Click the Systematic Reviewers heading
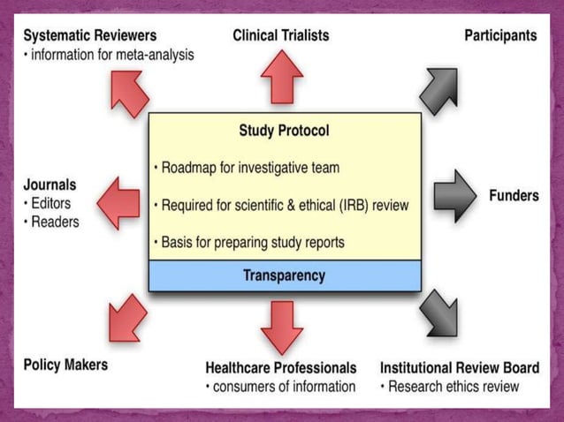[90, 36]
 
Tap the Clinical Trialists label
[281, 35]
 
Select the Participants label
[500, 35]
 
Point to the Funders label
[514, 195]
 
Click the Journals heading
[50, 185]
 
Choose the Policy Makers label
[65, 365]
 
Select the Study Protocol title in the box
[284, 131]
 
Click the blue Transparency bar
[284, 275]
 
